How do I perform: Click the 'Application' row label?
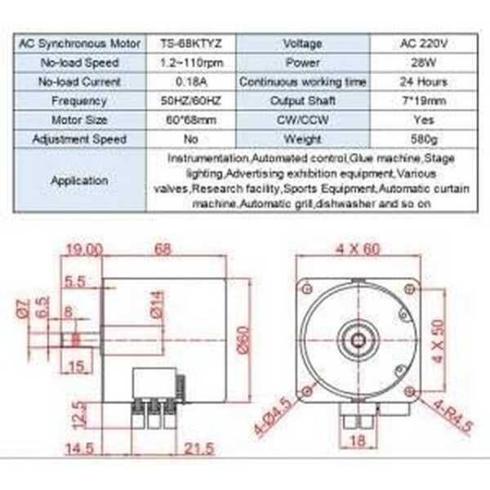(79, 180)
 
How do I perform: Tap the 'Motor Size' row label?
(79, 120)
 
